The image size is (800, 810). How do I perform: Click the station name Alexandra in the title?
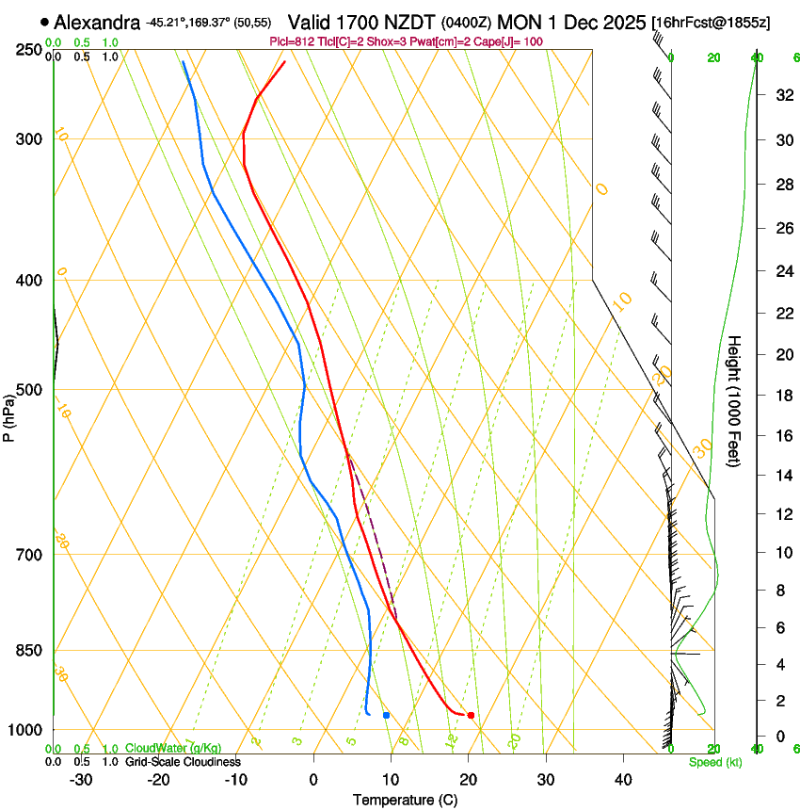point(98,22)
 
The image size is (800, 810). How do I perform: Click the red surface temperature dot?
point(471,716)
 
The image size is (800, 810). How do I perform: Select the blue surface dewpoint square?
point(386,716)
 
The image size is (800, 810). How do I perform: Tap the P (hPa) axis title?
point(9,413)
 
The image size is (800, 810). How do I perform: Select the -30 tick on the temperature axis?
point(81,780)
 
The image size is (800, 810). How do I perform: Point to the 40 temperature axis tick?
point(623,780)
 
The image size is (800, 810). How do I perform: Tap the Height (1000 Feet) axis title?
point(735,400)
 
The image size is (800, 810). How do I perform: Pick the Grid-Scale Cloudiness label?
point(183,762)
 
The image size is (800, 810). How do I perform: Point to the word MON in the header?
point(520,22)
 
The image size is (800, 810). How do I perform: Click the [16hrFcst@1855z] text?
point(711,22)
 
